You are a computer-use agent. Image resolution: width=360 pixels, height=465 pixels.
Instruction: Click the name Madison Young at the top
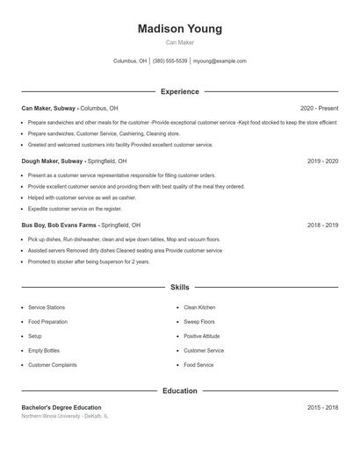tap(179, 29)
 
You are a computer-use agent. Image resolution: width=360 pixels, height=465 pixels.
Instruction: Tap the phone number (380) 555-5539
tap(170, 61)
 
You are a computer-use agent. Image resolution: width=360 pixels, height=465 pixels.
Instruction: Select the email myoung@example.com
tap(220, 61)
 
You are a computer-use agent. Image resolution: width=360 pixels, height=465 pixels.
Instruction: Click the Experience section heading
tap(179, 91)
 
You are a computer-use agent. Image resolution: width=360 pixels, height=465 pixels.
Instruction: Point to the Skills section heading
tap(179, 287)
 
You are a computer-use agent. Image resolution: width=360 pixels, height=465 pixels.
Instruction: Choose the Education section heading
tap(179, 390)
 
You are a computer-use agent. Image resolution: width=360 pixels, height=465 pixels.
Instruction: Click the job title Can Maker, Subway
tap(49, 108)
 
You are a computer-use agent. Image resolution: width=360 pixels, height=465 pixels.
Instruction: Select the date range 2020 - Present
tap(319, 108)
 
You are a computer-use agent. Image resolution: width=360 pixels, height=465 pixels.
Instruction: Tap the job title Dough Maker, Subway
tap(53, 161)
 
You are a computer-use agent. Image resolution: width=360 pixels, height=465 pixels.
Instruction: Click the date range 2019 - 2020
tap(322, 161)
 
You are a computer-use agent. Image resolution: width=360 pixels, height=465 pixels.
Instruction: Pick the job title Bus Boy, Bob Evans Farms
tap(58, 225)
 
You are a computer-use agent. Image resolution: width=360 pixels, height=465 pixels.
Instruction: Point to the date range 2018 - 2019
tap(322, 225)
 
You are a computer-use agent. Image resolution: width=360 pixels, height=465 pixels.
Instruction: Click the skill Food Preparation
tap(47, 322)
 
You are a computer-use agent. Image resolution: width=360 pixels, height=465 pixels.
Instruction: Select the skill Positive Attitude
tap(202, 336)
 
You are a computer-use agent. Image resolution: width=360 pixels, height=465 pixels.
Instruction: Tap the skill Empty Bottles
tap(44, 350)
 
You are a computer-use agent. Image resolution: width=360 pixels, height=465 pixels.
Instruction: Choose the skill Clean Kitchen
tap(199, 308)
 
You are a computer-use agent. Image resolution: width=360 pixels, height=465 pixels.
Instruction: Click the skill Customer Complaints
tap(52, 364)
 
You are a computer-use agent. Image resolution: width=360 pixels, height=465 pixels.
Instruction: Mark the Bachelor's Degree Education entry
tap(61, 407)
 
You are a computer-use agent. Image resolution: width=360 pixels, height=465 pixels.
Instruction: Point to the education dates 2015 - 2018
tap(322, 407)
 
